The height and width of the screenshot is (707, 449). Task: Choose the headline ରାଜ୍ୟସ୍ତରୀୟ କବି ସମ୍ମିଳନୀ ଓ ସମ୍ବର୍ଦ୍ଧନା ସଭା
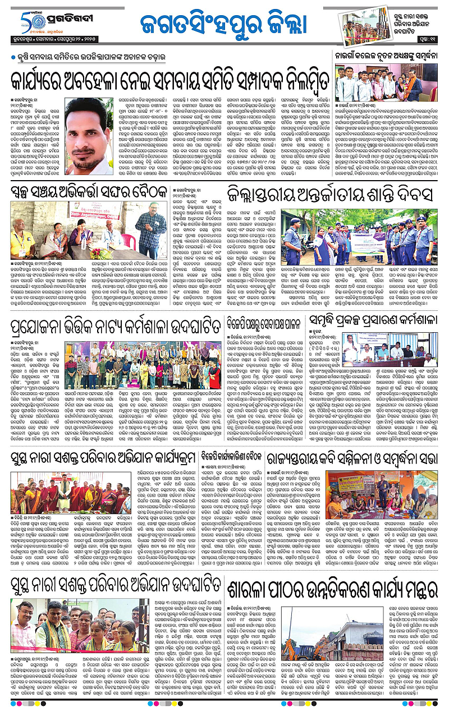(x=351, y=459)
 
